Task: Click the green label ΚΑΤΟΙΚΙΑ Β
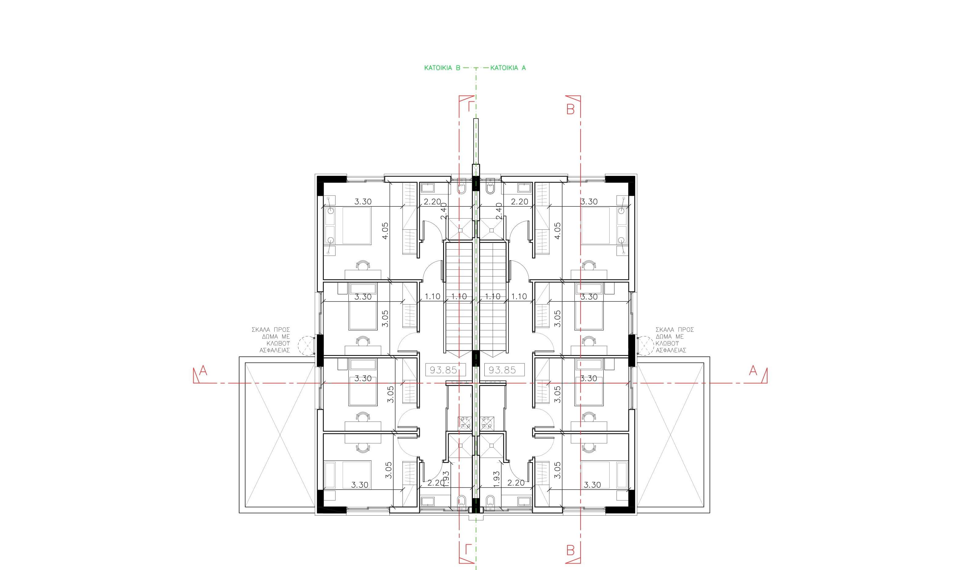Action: tap(442, 68)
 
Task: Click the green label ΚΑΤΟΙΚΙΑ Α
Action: tap(508, 68)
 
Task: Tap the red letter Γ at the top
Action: tap(471, 106)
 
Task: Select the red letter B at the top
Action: tap(570, 109)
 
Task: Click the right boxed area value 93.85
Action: tap(502, 370)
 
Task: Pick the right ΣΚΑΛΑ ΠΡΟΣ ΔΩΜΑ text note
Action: tap(675, 340)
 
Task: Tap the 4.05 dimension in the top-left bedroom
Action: tap(385, 231)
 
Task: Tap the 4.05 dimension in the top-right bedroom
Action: tap(557, 231)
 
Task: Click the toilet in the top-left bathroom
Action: tap(462, 188)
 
